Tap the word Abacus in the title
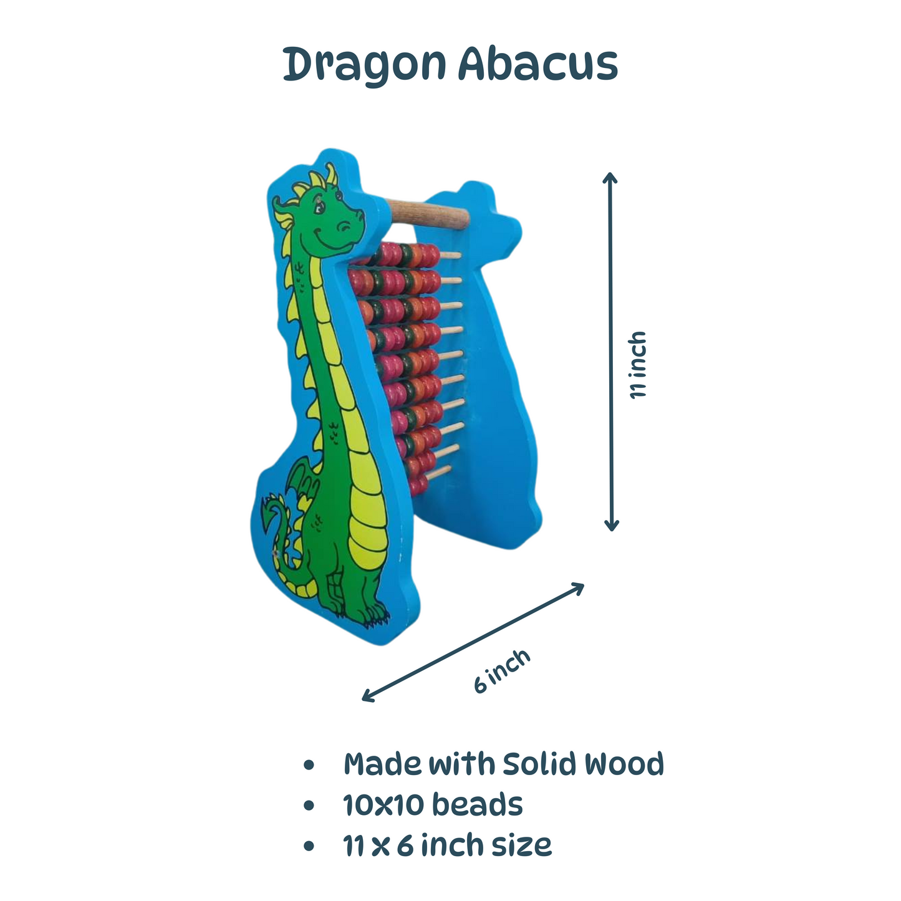click(537, 64)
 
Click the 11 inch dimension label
click(638, 365)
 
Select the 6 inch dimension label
click(501, 670)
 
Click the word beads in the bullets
click(477, 805)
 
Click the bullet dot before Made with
click(308, 766)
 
